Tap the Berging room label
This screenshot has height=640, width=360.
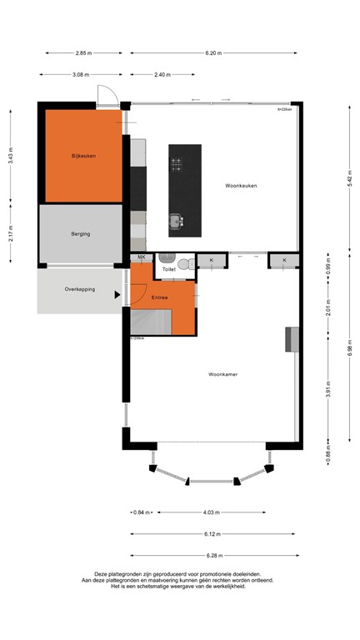(x=80, y=234)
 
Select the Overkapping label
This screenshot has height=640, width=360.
(x=80, y=289)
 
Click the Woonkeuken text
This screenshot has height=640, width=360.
(x=241, y=186)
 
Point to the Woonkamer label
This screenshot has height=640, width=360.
(x=222, y=375)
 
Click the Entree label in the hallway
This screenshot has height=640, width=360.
(x=160, y=297)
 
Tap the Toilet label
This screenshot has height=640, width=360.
(x=169, y=269)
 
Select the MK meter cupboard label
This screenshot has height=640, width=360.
(x=142, y=258)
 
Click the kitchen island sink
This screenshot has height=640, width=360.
(x=177, y=221)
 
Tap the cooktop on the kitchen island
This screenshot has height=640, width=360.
(x=177, y=164)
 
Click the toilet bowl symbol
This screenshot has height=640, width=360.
(x=190, y=263)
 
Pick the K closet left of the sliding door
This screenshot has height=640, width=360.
(x=212, y=261)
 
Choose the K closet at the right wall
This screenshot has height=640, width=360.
(x=284, y=261)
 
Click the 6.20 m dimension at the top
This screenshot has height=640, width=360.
(x=212, y=52)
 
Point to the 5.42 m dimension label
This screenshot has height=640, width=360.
(x=350, y=176)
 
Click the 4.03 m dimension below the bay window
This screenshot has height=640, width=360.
(x=212, y=512)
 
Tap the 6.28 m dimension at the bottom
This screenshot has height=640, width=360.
(x=212, y=555)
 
